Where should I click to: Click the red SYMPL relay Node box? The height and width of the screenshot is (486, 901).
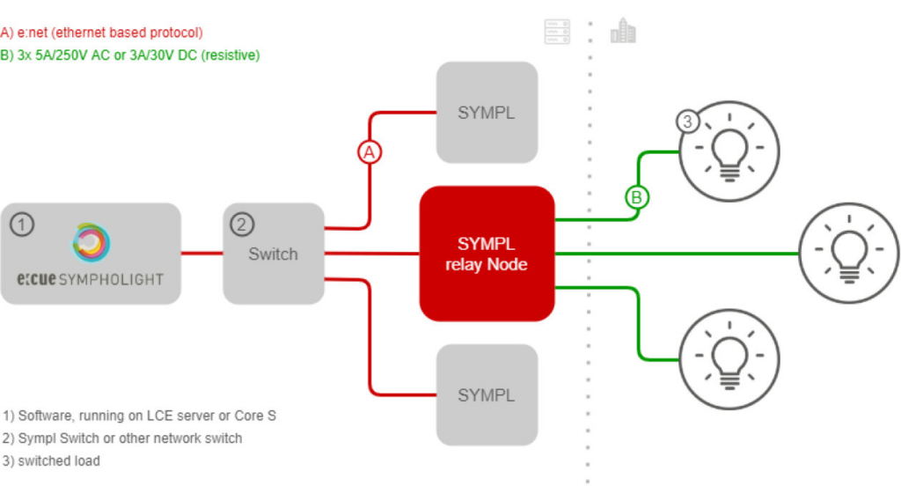point(487,253)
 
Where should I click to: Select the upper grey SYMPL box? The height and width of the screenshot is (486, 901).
point(487,112)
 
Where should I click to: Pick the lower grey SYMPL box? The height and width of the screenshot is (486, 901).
point(487,395)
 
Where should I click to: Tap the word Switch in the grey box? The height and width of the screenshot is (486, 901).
point(273,254)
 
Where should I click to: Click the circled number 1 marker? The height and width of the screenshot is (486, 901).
point(22,225)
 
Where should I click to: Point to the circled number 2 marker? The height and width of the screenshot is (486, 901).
point(242,225)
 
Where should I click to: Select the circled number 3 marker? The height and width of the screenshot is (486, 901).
point(687,121)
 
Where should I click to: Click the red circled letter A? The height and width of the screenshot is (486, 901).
point(369,151)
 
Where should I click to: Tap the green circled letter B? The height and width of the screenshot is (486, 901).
point(637,197)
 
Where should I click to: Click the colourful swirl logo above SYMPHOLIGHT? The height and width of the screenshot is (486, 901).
point(91,242)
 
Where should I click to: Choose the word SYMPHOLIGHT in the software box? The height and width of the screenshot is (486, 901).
point(112,280)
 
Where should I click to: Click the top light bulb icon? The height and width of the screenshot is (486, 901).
point(729,151)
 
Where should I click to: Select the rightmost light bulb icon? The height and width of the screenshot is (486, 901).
point(849,253)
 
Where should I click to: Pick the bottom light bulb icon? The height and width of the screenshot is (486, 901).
point(729,359)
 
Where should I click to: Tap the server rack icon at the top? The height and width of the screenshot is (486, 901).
point(557,31)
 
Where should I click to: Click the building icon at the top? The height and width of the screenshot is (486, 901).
point(624,30)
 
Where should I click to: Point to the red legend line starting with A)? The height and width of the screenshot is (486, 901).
point(102,33)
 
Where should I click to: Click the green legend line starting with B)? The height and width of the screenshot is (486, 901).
point(130,55)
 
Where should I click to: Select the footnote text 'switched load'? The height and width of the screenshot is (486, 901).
point(59,460)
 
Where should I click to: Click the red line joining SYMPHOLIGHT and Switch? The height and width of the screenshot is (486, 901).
point(201,253)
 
